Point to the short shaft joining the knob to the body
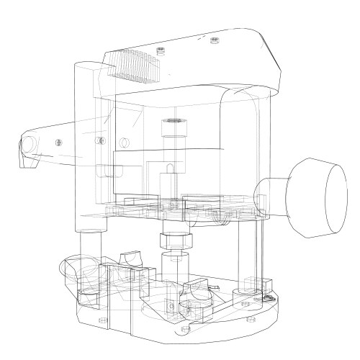pyautogui.click(x=269, y=194)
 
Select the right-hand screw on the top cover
pyautogui.click(x=213, y=40)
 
